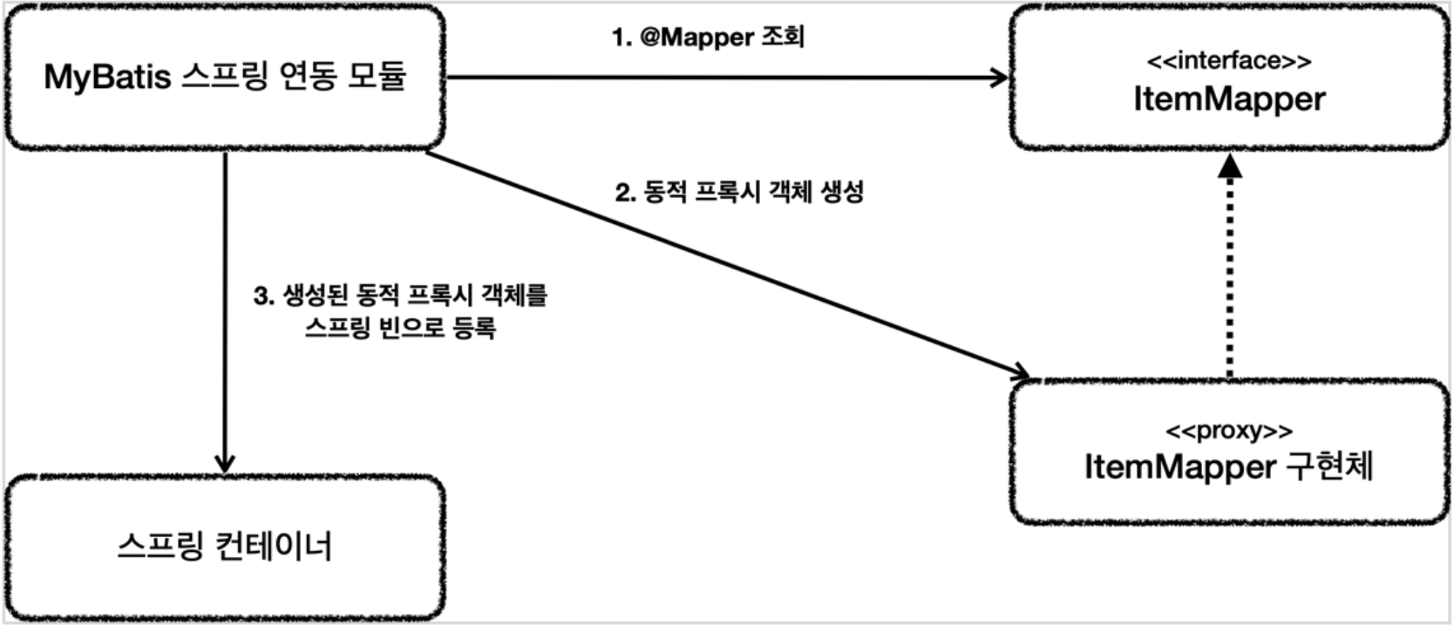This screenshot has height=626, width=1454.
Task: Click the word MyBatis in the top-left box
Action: (x=107, y=78)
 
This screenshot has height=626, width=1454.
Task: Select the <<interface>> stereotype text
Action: (x=1229, y=61)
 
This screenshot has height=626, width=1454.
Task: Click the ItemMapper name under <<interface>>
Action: (x=1229, y=99)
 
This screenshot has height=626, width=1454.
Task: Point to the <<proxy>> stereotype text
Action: (x=1229, y=431)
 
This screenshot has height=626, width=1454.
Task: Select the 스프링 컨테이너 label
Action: (x=225, y=548)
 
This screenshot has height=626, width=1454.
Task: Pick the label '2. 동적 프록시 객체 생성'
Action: (x=739, y=192)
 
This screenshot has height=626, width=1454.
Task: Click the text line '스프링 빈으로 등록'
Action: (x=401, y=329)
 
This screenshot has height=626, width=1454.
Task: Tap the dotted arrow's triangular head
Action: (x=1229, y=167)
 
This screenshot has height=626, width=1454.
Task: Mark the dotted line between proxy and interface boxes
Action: (x=1229, y=279)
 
